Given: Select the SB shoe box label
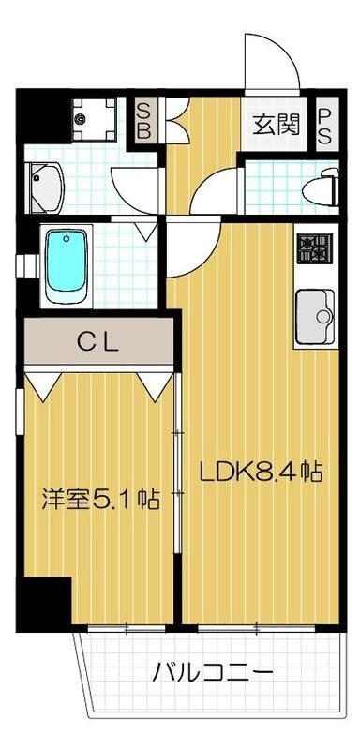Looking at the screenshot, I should click(144, 120).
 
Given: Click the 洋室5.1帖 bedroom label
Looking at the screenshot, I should click(99, 498).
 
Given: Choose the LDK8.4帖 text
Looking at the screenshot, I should click(260, 472).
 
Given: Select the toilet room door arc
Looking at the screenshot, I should click(214, 192).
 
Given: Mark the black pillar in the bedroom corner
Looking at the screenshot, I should click(47, 599).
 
